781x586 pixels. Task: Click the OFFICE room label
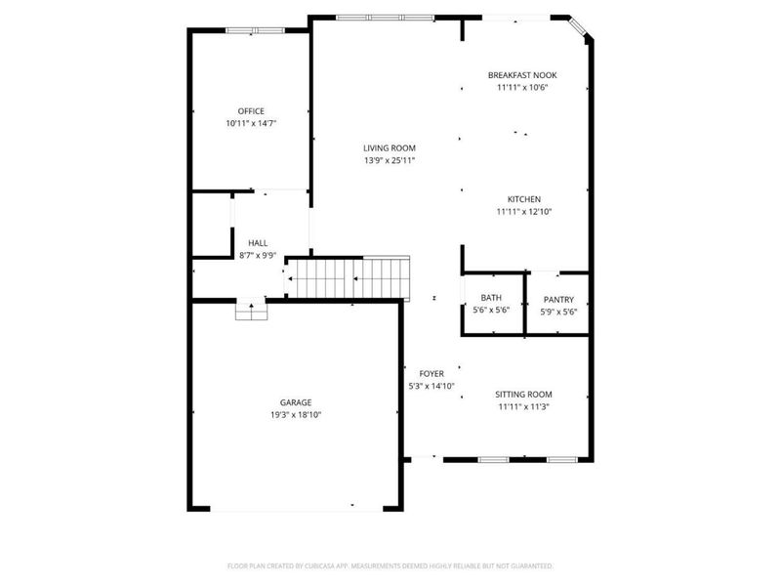(251, 111)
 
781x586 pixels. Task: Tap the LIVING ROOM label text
(390, 148)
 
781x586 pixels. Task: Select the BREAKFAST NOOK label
(522, 75)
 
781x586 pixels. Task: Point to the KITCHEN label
(523, 199)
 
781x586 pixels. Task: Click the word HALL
(258, 243)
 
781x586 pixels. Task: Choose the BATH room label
(491, 299)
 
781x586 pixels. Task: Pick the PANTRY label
(558, 300)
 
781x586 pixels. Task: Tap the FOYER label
(432, 374)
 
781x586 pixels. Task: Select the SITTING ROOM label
(522, 395)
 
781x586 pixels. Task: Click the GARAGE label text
(296, 402)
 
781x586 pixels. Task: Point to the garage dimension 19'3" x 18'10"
(296, 415)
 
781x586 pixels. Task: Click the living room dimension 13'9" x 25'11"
(390, 160)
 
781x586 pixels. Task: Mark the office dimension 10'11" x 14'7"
(251, 124)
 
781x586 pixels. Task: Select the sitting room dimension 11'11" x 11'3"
(522, 407)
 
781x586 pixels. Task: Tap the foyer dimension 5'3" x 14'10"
(432, 387)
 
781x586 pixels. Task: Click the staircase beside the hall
(348, 277)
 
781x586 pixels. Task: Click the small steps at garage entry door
(251, 311)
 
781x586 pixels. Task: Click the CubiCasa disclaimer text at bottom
(390, 565)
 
